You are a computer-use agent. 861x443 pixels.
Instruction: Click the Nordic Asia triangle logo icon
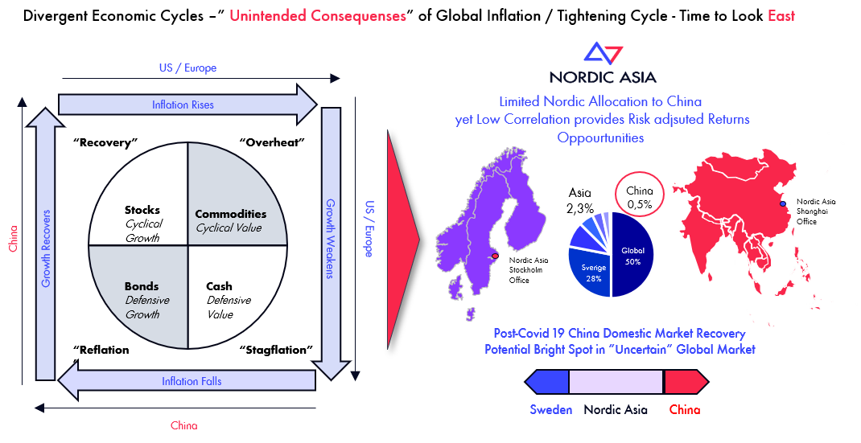603,54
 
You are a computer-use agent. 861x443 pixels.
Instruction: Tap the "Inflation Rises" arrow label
183,105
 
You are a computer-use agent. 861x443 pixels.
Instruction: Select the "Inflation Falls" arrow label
192,381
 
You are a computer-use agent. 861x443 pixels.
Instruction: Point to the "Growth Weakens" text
331,239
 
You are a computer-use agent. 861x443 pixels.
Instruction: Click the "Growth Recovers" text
46,248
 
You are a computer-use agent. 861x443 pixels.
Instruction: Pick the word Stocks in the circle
142,210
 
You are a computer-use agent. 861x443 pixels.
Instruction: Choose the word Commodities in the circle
231,214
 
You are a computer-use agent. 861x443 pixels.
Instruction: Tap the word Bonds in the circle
142,286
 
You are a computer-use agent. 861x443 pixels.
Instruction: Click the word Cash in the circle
219,286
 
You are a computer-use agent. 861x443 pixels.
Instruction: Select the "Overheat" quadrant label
272,142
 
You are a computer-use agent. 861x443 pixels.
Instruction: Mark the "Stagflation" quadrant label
276,350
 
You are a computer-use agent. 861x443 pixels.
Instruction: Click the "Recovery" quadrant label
105,143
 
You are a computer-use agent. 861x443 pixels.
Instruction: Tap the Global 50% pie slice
632,255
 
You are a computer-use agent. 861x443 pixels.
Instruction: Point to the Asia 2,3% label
580,200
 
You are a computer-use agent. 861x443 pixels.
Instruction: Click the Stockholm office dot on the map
496,256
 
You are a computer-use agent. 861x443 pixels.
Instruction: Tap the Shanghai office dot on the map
783,204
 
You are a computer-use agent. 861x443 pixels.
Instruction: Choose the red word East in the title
781,16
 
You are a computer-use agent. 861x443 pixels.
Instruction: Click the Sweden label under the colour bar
550,409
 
